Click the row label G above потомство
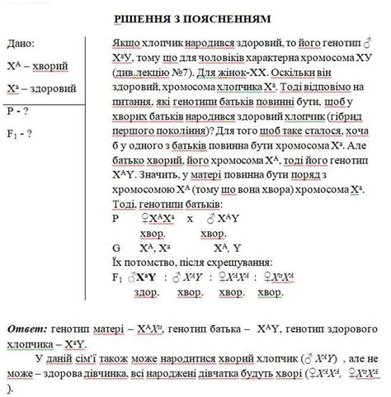pos(115,247)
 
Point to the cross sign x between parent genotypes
pos(189,218)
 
